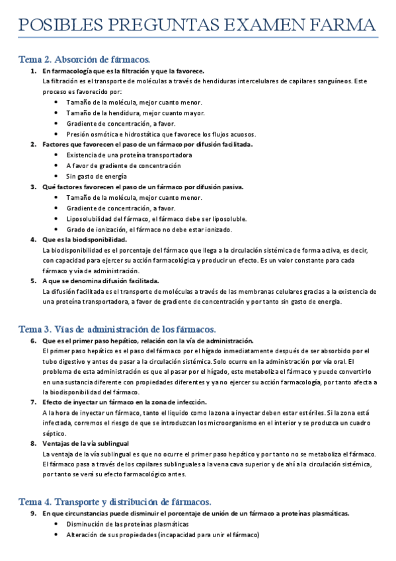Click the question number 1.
(x=33, y=71)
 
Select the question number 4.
(x=33, y=239)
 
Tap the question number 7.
(x=33, y=402)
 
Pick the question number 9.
(x=33, y=513)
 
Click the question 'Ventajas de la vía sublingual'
(x=85, y=443)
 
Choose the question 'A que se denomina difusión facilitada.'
(x=100, y=281)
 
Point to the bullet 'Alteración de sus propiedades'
(x=163, y=535)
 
